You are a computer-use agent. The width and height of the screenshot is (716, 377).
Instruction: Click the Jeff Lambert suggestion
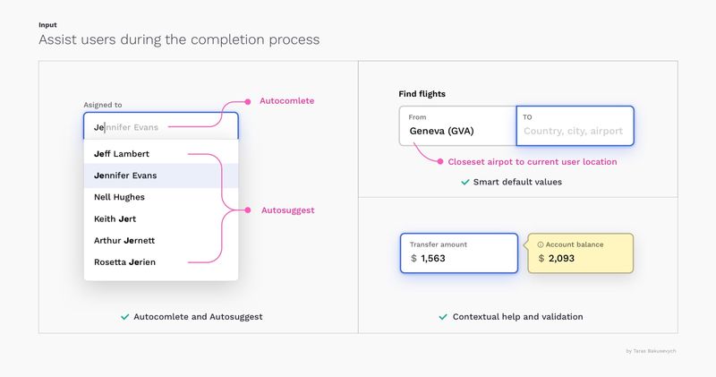[x=122, y=154]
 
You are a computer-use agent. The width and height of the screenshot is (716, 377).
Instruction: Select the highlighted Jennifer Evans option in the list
[x=125, y=176]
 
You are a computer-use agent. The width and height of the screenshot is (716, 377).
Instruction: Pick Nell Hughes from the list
[x=119, y=197]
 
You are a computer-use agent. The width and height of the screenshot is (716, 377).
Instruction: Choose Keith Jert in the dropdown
[x=115, y=218]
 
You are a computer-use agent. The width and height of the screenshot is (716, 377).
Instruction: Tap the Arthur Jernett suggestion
[x=124, y=240]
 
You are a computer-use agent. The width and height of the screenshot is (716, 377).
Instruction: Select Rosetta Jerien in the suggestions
[x=124, y=262]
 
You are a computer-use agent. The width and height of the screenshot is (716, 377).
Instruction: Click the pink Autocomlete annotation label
[x=286, y=101]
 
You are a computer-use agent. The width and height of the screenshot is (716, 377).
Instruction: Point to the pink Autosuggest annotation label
[x=287, y=210]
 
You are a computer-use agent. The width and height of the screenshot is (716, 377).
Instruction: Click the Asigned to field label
[x=103, y=105]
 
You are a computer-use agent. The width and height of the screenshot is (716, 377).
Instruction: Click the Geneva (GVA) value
[x=441, y=131]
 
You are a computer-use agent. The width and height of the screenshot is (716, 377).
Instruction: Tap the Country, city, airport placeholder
[x=573, y=131]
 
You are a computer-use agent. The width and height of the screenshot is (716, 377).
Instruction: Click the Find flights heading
[x=422, y=94]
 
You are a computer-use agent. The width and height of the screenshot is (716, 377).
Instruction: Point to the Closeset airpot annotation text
[x=533, y=162]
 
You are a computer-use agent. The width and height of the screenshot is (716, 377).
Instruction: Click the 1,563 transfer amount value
[x=433, y=259]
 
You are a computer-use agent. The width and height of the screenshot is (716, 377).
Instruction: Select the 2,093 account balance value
[x=561, y=259]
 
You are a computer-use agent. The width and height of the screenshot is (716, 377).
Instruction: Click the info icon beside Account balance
[x=541, y=245]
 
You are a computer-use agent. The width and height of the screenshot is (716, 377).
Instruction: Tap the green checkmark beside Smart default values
[x=465, y=183]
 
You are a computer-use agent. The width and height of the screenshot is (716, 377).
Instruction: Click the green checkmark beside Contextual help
[x=443, y=317]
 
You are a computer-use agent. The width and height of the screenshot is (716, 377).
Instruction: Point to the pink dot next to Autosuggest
[x=248, y=210]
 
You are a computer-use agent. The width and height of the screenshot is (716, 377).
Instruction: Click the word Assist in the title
[x=58, y=39]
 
